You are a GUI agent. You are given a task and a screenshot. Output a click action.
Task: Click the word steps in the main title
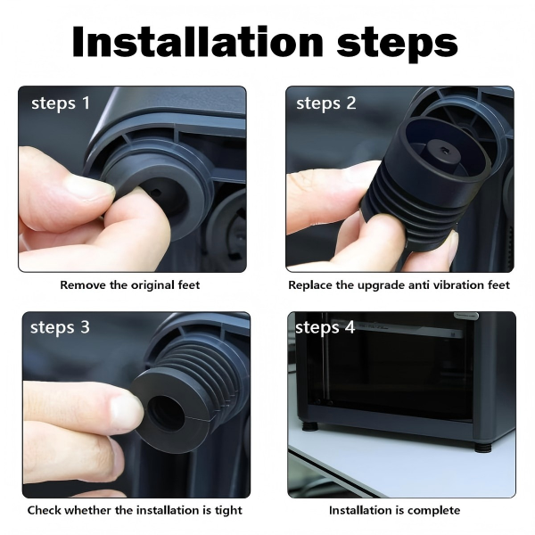[x=398, y=45]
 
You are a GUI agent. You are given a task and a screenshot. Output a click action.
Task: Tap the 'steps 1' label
[x=61, y=103]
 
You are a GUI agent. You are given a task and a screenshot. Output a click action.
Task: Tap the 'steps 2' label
[x=325, y=103]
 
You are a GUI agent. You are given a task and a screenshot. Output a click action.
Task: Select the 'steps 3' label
[x=60, y=327]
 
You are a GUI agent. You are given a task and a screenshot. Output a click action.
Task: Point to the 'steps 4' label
[x=325, y=327]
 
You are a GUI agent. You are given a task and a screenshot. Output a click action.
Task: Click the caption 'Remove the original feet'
[x=130, y=285]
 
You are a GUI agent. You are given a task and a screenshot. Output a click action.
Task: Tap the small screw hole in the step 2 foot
[x=444, y=149]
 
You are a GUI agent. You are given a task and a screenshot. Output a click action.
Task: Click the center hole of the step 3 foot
[x=166, y=414]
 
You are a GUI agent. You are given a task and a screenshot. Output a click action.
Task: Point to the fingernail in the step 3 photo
[x=126, y=413]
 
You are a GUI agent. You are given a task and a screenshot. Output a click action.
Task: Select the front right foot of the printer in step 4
[x=482, y=448]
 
